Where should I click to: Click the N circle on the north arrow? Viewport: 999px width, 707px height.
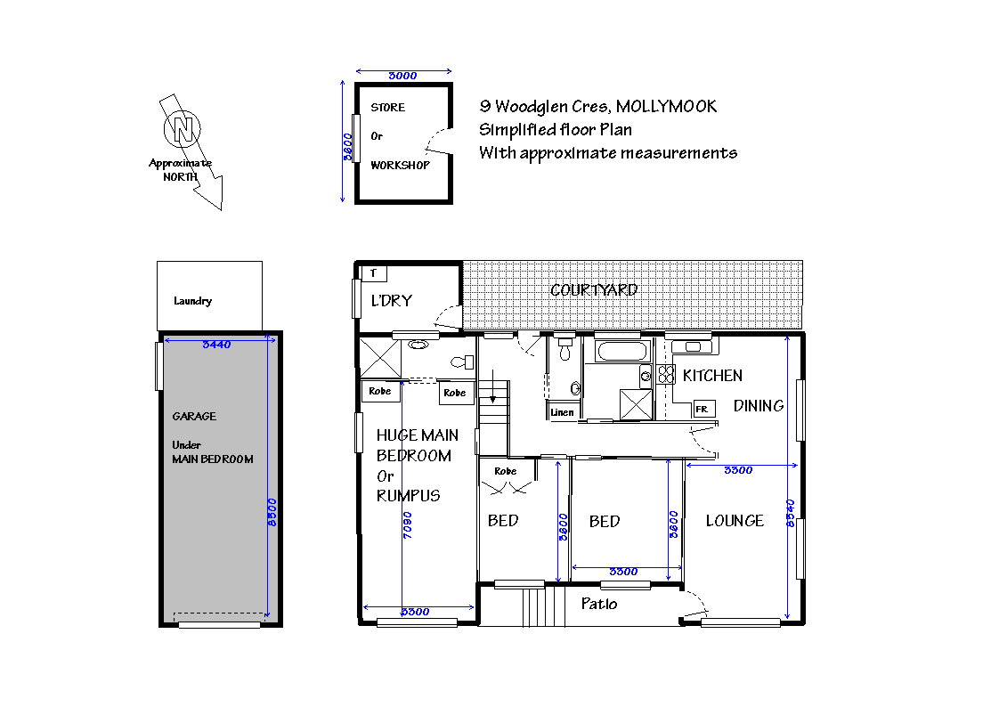pyautogui.click(x=183, y=130)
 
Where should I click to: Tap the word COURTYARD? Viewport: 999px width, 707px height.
pyautogui.click(x=594, y=290)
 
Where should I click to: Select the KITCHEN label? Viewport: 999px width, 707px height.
pyautogui.click(x=712, y=376)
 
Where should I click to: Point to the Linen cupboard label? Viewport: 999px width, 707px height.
pyautogui.click(x=563, y=412)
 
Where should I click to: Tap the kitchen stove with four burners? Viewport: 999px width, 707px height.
pyautogui.click(x=665, y=375)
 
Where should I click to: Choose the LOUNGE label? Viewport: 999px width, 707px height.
pyautogui.click(x=735, y=521)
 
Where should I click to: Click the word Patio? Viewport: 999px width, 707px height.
pyautogui.click(x=599, y=604)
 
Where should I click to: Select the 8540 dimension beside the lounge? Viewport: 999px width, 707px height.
pyautogui.click(x=790, y=513)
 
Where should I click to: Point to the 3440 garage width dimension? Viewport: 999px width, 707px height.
pyautogui.click(x=216, y=345)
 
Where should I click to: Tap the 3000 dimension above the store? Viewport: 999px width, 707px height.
pyautogui.click(x=403, y=76)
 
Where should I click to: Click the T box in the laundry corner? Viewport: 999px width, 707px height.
pyautogui.click(x=373, y=273)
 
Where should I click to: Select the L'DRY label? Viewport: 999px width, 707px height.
pyautogui.click(x=392, y=301)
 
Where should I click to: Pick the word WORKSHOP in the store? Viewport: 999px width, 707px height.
pyautogui.click(x=400, y=166)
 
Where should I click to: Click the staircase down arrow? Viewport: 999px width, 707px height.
pyautogui.click(x=492, y=392)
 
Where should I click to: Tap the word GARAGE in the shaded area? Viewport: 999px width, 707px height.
pyautogui.click(x=194, y=416)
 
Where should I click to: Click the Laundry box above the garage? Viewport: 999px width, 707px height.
pyautogui.click(x=209, y=296)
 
